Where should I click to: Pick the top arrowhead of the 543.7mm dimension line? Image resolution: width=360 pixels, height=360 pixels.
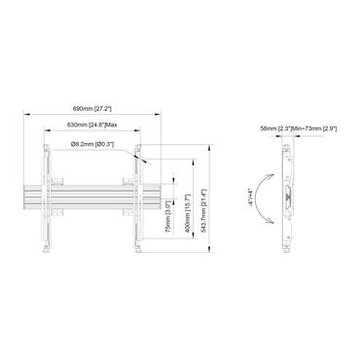(207, 145)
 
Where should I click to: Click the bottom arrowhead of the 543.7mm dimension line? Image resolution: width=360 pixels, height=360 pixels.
(207, 250)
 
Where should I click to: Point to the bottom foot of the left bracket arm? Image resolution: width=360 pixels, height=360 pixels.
(44, 247)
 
